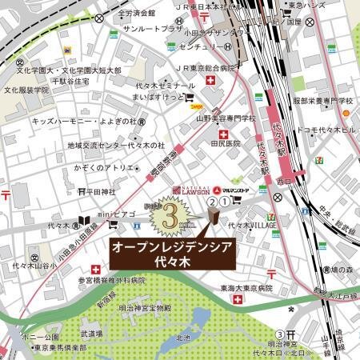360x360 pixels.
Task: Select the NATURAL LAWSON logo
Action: (190, 190)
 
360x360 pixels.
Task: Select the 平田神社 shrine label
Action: (102, 192)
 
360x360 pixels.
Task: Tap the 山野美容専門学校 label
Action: (226, 118)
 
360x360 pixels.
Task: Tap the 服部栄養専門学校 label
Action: (322, 101)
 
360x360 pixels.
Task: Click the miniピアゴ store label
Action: (129, 214)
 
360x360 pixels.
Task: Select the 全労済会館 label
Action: (135, 13)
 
